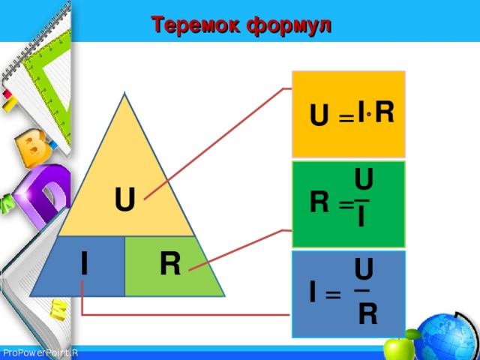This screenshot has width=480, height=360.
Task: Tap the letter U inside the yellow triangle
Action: (125, 200)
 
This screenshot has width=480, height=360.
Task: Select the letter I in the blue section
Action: (85, 263)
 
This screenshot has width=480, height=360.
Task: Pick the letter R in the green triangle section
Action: (169, 264)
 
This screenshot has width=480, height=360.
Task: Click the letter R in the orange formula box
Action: (383, 112)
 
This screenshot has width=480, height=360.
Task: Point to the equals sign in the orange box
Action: (346, 118)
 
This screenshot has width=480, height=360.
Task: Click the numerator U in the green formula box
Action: (364, 180)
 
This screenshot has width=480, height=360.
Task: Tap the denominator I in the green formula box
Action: (361, 217)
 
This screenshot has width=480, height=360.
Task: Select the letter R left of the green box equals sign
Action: (319, 202)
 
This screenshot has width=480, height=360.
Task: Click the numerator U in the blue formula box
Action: (364, 268)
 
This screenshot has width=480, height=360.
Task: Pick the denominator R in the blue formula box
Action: (367, 314)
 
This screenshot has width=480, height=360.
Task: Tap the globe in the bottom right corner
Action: (447, 335)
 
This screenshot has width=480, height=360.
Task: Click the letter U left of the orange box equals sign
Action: (318, 115)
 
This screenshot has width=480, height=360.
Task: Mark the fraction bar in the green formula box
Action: (362, 200)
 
